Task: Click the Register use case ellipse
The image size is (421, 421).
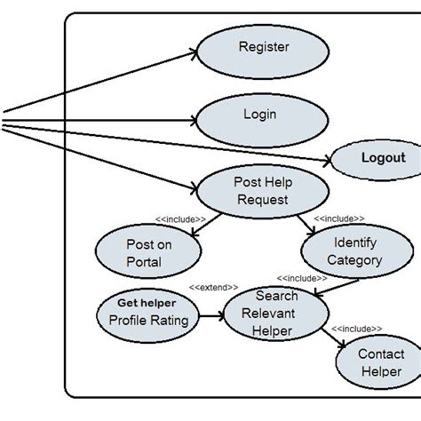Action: (258, 50)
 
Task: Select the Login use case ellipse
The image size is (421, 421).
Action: (258, 116)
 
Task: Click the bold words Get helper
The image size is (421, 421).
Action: (143, 302)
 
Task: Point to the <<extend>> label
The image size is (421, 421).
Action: (213, 287)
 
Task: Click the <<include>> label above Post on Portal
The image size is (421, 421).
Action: (179, 218)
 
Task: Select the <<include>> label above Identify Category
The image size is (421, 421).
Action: (338, 218)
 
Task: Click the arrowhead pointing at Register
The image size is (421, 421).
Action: (192, 52)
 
